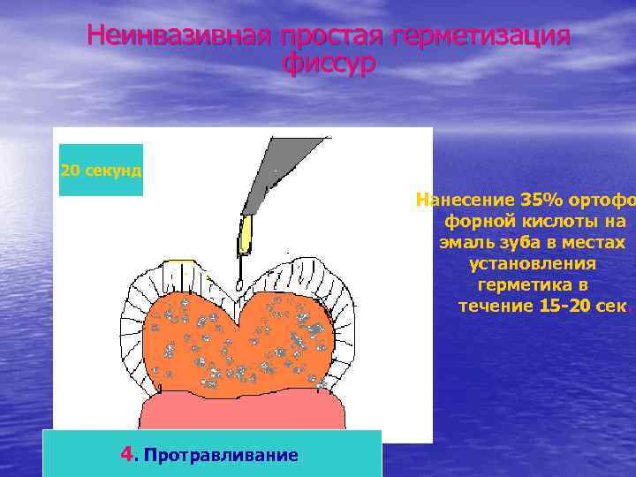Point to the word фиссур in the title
point(329,64)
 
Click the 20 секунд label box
point(101,170)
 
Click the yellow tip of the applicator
point(246,234)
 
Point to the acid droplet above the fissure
point(238,284)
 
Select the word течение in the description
point(495,307)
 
